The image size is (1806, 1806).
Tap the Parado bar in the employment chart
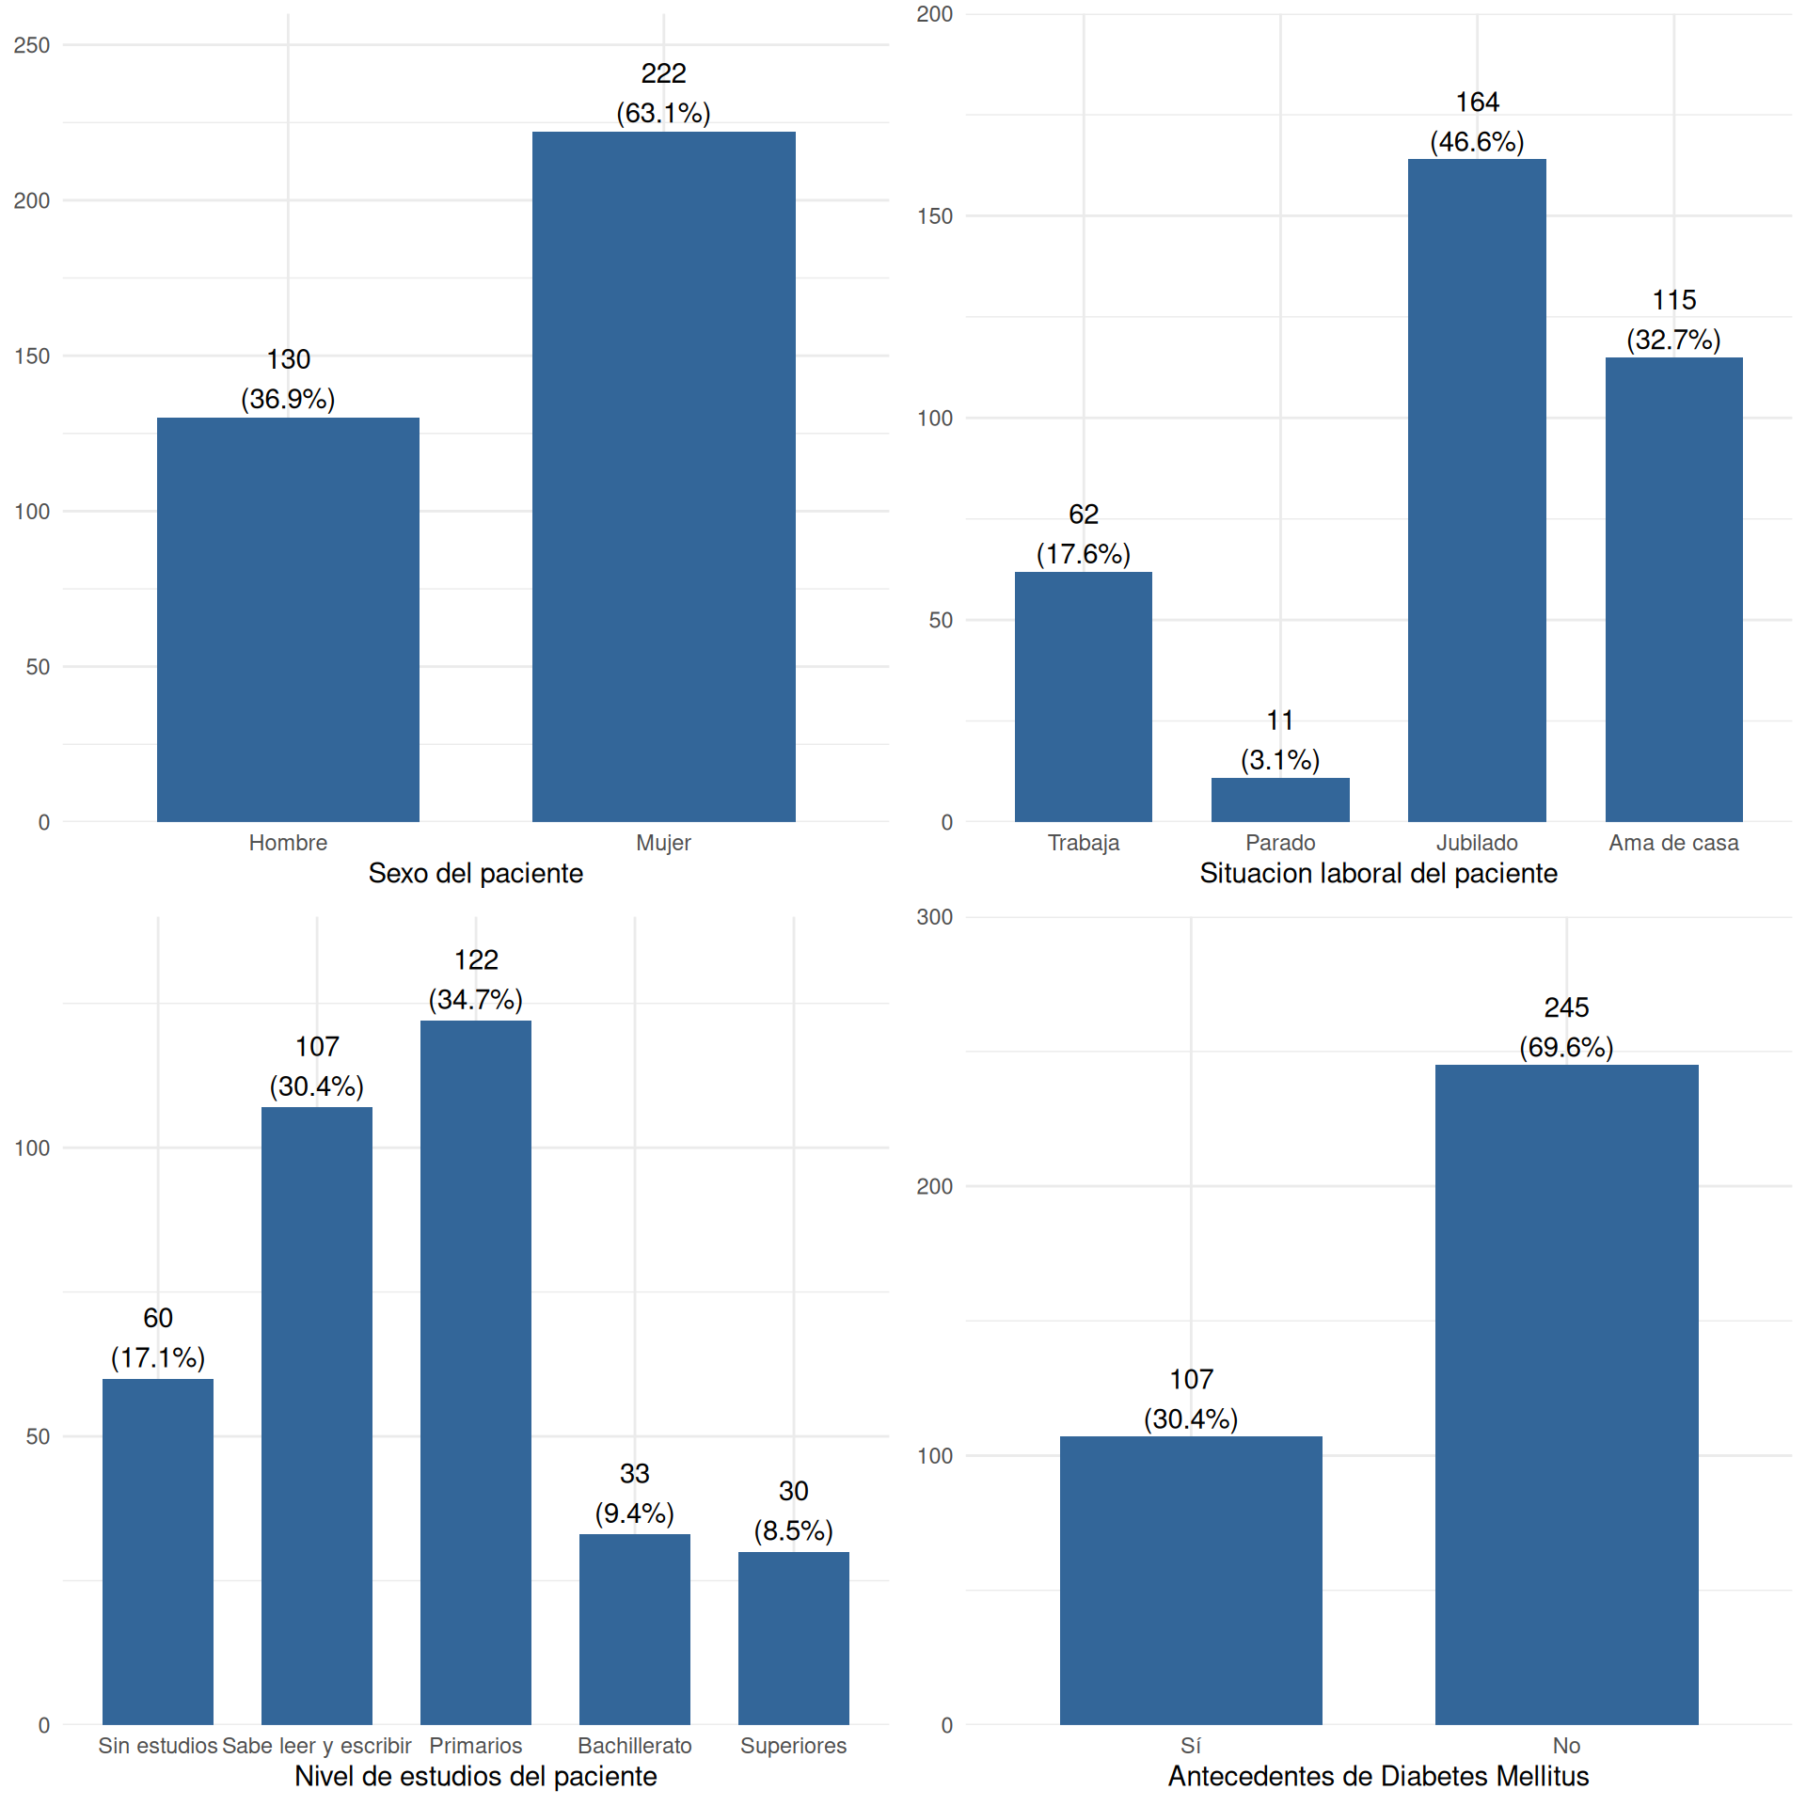click(1280, 800)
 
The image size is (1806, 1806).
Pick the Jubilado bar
click(1477, 490)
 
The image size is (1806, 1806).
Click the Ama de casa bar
click(1673, 589)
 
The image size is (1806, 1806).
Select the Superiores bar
click(793, 1638)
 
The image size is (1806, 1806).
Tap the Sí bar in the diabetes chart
click(1191, 1580)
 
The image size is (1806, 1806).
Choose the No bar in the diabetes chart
click(1566, 1394)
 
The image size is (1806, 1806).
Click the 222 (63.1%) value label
click(663, 93)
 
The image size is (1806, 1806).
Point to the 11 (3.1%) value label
click(1280, 740)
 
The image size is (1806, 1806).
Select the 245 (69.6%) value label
click(1566, 1027)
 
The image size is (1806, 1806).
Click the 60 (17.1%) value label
click(158, 1338)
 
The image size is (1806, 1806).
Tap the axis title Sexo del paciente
click(476, 873)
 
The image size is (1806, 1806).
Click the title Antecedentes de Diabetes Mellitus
click(1378, 1776)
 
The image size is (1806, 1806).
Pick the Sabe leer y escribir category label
click(317, 1746)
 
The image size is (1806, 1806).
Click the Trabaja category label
click(1084, 843)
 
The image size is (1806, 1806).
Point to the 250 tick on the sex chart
click(32, 45)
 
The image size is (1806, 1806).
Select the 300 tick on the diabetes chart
click(935, 917)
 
